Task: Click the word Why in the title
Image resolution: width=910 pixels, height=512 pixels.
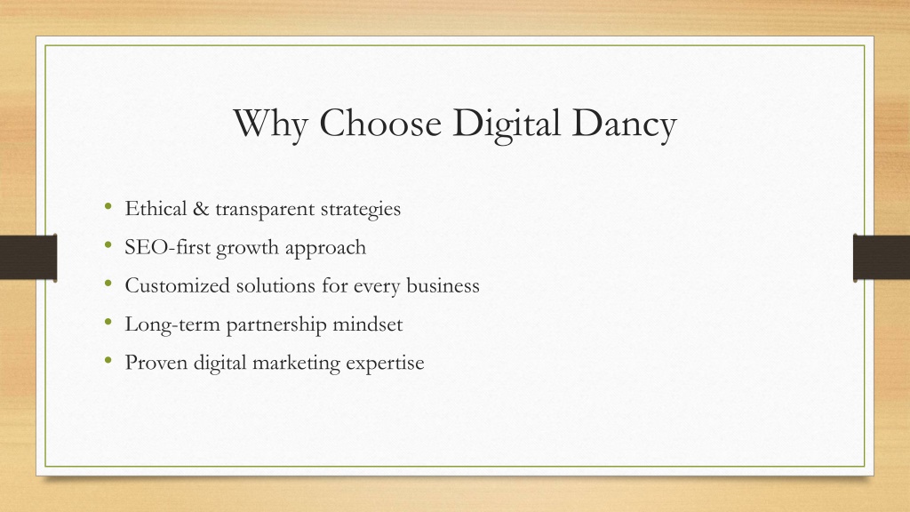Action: point(270,124)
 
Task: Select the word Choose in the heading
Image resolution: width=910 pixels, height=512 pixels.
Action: point(380,123)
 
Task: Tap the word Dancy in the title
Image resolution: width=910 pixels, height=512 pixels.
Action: point(624,124)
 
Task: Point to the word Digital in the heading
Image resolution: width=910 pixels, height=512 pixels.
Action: point(506,124)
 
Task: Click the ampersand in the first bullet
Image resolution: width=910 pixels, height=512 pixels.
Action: point(201,208)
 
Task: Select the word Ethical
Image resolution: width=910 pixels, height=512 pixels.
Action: point(156,208)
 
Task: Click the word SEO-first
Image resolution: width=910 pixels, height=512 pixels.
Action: point(168,247)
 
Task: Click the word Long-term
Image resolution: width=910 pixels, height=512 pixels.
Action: point(172,324)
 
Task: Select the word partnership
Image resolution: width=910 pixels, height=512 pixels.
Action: point(276,324)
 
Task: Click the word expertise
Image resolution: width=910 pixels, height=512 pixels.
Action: point(385,364)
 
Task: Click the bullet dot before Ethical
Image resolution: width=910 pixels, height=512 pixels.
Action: point(108,206)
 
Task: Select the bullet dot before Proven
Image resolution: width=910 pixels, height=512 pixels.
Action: point(108,361)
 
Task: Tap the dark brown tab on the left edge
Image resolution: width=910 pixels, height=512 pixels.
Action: point(28,258)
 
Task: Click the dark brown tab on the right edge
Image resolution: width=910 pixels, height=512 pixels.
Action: point(882,258)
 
